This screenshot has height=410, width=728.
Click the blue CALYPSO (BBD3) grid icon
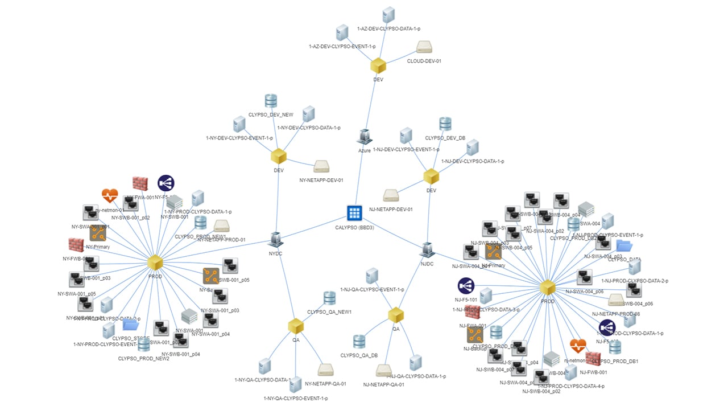click(355, 213)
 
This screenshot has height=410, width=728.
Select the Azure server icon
click(364, 137)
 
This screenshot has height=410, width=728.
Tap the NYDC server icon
click(276, 240)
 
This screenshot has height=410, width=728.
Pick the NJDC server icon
click(427, 249)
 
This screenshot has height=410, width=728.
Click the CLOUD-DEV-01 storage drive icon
click(424, 47)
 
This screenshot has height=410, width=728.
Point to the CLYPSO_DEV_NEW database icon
click(271, 101)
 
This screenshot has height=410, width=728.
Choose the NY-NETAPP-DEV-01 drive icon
click(321, 167)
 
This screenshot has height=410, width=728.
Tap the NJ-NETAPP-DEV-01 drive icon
click(391, 195)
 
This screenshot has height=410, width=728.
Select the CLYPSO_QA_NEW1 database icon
click(329, 298)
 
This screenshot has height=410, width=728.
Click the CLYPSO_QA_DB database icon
click(359, 342)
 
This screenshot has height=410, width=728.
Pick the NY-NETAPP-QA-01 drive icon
click(325, 370)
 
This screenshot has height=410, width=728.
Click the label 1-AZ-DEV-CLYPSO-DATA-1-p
click(388, 28)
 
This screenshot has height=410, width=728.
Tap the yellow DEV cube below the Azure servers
click(378, 65)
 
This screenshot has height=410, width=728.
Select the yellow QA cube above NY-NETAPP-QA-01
click(296, 326)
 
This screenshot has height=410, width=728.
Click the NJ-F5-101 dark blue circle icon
click(466, 286)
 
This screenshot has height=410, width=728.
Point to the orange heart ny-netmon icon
click(110, 196)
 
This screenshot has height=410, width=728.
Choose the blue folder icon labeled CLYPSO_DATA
click(624, 245)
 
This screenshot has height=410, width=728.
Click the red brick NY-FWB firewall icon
click(76, 245)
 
